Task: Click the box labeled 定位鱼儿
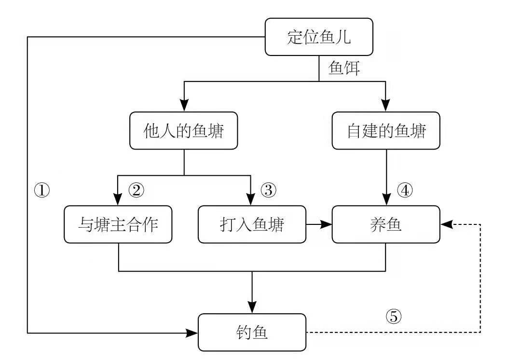[x=319, y=37]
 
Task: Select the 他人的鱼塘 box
[x=184, y=131]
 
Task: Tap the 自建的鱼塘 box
[x=386, y=131]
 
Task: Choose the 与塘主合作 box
[x=118, y=224]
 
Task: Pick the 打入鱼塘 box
[x=252, y=224]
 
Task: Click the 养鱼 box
[x=386, y=224]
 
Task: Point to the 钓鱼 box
[x=252, y=332]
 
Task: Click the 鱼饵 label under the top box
[x=344, y=68]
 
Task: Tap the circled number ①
[x=42, y=190]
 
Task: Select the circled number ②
[x=136, y=190]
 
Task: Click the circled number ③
[x=268, y=190]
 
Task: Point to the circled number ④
[x=405, y=190]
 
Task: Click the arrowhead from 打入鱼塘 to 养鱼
[x=327, y=224]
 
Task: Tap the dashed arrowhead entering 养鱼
[x=446, y=224]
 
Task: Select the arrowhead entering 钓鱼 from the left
[x=192, y=332]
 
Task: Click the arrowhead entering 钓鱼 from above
[x=252, y=308]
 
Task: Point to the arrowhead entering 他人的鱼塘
[x=184, y=106]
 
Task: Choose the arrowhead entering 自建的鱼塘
[x=386, y=106]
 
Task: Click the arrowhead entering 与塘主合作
[x=118, y=200]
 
